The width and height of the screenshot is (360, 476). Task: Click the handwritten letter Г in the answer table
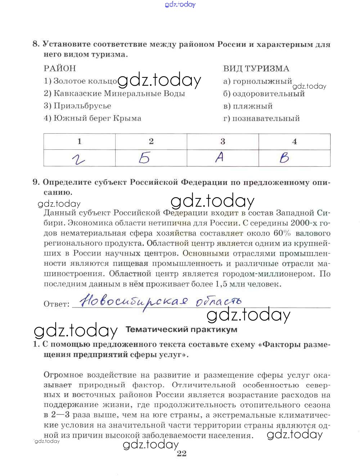click(x=78, y=159)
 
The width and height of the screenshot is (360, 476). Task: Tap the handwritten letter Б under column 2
click(x=144, y=158)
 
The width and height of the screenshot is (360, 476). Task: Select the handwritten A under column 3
click(x=220, y=157)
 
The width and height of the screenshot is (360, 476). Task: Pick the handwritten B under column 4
click(x=284, y=158)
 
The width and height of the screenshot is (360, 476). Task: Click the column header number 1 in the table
click(x=79, y=142)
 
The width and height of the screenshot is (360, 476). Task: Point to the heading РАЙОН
click(x=60, y=68)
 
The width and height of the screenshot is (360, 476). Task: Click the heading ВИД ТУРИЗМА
click(x=256, y=69)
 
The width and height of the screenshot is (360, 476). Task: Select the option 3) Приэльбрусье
click(x=77, y=106)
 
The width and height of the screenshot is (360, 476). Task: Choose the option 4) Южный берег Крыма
click(x=93, y=118)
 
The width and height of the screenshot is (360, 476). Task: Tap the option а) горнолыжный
click(x=257, y=81)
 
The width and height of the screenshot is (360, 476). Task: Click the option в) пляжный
click(x=248, y=106)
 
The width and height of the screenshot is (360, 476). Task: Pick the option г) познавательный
click(x=261, y=118)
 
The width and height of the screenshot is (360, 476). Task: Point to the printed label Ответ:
click(x=57, y=304)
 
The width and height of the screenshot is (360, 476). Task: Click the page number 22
click(x=181, y=454)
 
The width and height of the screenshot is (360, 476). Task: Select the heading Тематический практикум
click(x=181, y=329)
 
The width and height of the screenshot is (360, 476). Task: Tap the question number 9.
click(x=36, y=182)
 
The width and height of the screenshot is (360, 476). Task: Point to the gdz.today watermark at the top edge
click(x=180, y=4)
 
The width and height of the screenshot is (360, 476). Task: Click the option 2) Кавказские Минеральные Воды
click(x=114, y=94)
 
